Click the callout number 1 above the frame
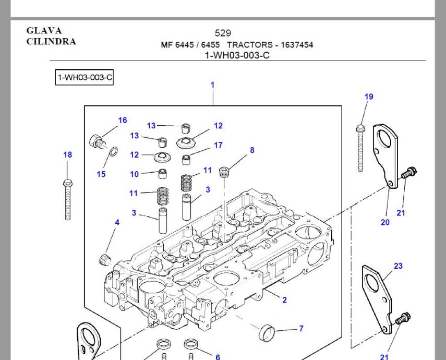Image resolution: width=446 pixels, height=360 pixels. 212,85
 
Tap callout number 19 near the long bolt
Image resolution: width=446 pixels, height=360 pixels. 369,97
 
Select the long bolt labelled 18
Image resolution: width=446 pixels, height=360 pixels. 68,199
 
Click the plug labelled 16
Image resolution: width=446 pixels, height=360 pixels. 97,141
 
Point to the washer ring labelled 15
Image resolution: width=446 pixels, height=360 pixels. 114,152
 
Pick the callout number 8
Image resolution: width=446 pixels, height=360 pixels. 252,150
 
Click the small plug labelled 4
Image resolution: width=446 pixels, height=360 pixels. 105,259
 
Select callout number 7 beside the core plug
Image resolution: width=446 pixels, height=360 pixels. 301,329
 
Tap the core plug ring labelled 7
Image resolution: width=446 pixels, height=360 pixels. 267,332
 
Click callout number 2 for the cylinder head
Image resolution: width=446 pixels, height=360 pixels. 284,300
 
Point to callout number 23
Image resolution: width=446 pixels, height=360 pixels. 398,266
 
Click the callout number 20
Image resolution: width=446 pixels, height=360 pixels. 385,223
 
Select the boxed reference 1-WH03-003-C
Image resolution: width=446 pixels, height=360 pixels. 85,77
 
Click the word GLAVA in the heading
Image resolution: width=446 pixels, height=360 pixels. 44,30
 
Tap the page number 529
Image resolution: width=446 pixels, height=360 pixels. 223,33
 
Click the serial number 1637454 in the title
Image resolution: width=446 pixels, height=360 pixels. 297,45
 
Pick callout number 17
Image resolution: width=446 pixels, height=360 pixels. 218,146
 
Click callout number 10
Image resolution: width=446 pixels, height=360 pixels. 134,174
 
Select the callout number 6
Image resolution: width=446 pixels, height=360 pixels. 218,357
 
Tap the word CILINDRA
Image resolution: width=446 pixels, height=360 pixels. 51,41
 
